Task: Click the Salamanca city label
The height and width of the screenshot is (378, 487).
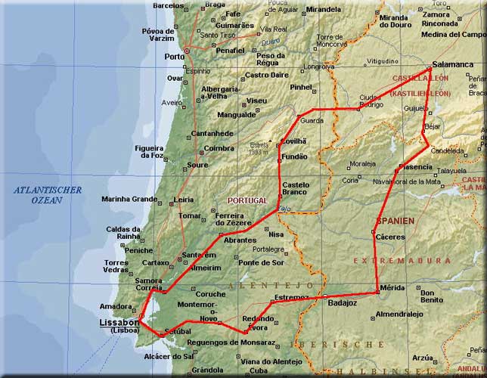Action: point(452,65)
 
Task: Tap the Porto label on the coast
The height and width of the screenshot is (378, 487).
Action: point(174,56)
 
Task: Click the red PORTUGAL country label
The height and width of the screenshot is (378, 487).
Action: point(247,200)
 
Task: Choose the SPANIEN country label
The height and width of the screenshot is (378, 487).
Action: point(395,221)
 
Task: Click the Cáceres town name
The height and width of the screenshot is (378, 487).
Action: point(390,237)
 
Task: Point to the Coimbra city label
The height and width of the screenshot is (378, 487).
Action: point(219,148)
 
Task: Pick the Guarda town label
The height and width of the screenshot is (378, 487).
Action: point(312,120)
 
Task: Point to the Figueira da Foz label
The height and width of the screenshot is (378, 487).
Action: point(148,151)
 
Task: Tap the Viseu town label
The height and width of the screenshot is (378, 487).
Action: point(257,101)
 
